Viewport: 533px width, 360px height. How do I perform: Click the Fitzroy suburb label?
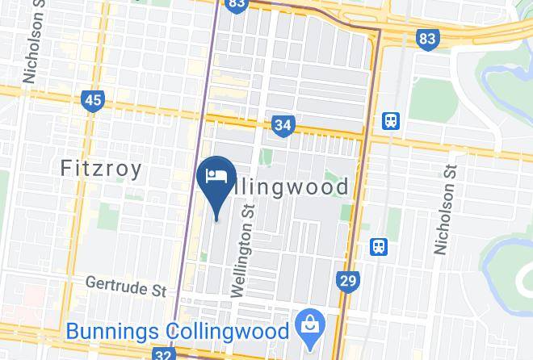click(x=102, y=169)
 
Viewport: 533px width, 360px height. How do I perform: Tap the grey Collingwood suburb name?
click(x=290, y=187)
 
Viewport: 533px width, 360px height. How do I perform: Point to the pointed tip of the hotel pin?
click(x=216, y=216)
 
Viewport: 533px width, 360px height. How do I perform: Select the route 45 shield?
click(x=93, y=100)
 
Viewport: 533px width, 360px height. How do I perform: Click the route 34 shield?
click(x=283, y=125)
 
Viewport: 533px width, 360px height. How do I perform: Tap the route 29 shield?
click(x=348, y=281)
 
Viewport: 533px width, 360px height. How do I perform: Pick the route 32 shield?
click(x=163, y=354)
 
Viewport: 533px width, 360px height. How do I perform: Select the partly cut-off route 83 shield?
click(x=237, y=5)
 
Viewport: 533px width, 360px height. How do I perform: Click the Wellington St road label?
click(x=243, y=250)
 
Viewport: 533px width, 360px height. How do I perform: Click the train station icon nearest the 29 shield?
click(x=378, y=245)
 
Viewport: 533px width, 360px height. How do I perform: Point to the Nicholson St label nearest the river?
click(x=445, y=208)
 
